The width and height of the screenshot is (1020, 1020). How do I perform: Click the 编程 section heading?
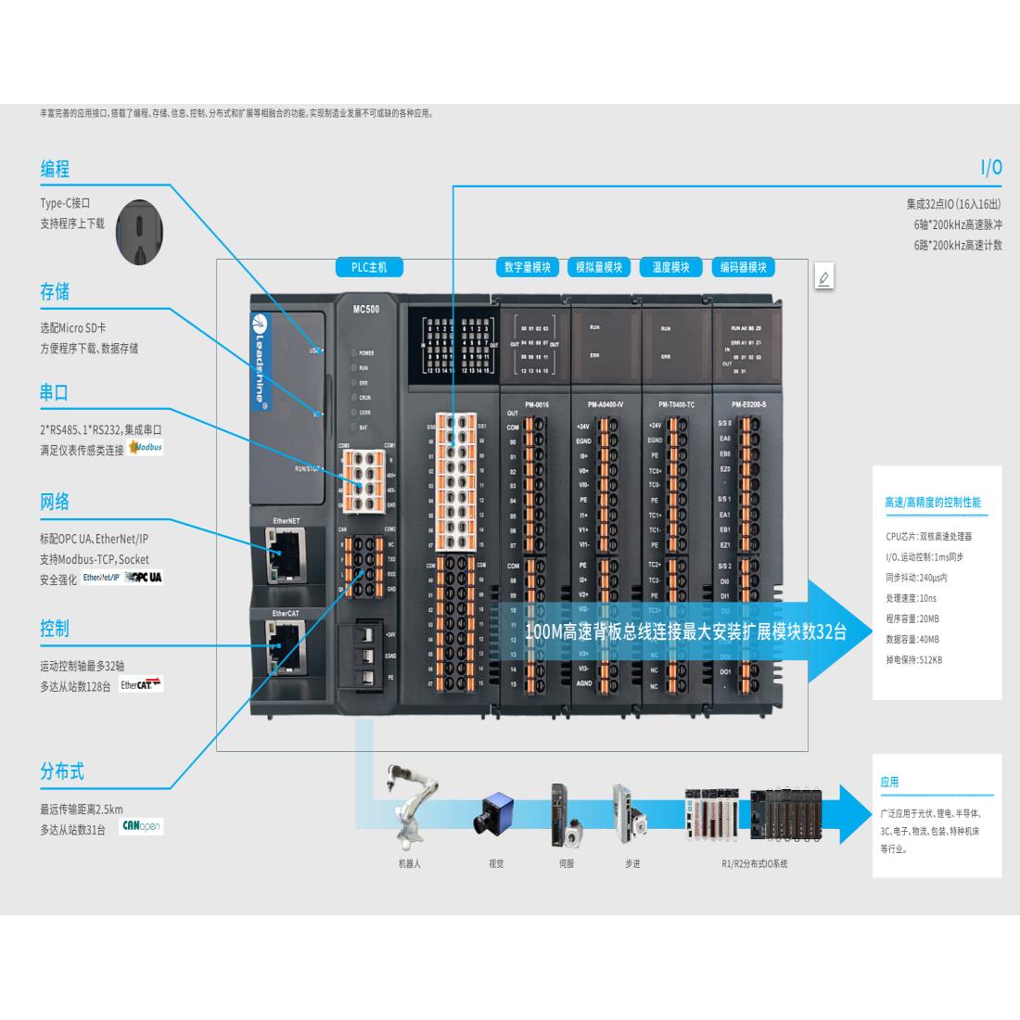point(55,170)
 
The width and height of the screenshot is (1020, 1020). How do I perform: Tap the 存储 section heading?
point(55,292)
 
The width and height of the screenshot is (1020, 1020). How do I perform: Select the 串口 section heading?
point(55,392)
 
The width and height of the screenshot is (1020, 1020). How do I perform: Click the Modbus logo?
point(146,448)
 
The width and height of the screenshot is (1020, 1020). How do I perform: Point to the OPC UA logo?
point(143,577)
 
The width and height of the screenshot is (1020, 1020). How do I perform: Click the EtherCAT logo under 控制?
point(141,685)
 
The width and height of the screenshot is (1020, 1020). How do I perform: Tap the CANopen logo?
point(141,826)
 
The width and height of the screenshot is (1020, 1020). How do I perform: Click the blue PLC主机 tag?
point(369,268)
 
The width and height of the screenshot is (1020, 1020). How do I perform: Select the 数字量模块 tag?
point(528,268)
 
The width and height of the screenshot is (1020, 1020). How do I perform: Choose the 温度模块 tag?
point(670,268)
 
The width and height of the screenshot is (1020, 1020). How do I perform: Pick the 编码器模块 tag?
point(744,268)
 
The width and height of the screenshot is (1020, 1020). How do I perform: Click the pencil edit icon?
point(823,277)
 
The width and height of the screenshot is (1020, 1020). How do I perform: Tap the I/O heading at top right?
point(991,168)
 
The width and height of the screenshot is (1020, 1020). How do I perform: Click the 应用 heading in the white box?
point(889,782)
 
